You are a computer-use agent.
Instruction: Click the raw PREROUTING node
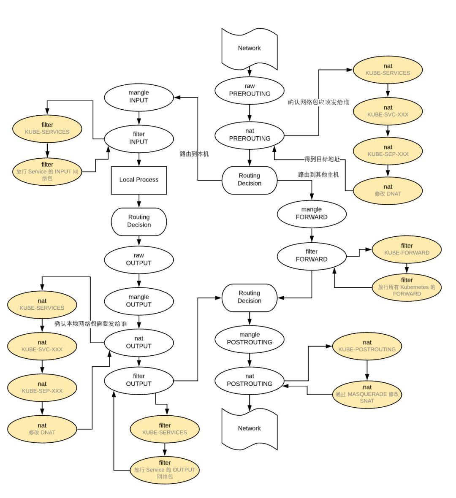pos(250,90)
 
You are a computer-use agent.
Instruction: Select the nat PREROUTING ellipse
pos(250,135)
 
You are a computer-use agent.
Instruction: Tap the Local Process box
pos(139,180)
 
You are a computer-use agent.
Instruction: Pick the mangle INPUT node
pos(139,97)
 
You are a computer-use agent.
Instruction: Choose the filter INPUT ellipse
pos(139,138)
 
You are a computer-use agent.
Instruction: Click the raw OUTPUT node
pos(139,259)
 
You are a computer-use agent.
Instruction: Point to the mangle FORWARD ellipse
pos(312,214)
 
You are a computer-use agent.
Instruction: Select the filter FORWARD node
pos(312,255)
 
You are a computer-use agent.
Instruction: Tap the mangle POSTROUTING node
pos(250,338)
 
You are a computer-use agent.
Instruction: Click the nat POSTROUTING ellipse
pos(250,380)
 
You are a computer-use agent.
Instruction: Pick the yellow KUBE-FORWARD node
pos(407,249)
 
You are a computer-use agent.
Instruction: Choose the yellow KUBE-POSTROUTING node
pos(367,346)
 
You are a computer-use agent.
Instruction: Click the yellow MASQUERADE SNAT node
pos(367,394)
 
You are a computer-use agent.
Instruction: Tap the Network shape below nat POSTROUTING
pos(250,428)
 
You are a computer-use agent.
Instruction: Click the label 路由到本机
pos(194,154)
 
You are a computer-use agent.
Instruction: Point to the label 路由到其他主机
pos(318,175)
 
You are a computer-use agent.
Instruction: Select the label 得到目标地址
pos(322,159)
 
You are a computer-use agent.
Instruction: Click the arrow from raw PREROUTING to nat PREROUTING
pos(250,113)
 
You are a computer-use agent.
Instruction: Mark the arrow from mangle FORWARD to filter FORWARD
pos(312,234)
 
